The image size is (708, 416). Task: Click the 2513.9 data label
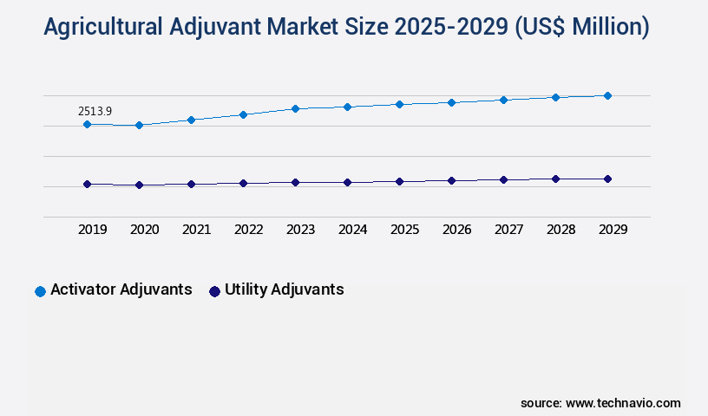(95, 111)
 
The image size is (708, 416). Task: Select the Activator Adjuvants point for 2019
(87, 125)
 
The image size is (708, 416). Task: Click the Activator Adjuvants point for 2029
(607, 95)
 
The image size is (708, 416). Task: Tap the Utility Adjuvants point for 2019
(87, 184)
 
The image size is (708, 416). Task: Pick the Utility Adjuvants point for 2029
(607, 179)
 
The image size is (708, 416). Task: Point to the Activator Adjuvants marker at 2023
(295, 108)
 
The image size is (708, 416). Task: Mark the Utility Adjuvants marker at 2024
(347, 182)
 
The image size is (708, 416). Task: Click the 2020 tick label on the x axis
(144, 230)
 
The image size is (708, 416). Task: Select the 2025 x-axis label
(404, 230)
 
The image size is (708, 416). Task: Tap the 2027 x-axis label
(508, 230)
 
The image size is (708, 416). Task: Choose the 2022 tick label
(248, 230)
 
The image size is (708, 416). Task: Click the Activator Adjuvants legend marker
(40, 291)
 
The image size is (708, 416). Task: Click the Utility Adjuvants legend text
(284, 289)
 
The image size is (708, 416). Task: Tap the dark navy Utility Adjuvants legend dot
(214, 291)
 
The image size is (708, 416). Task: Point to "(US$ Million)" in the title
(580, 28)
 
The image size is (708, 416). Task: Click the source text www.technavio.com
(623, 403)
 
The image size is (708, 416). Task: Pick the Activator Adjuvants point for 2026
(451, 102)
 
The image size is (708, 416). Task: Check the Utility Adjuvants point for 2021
(191, 184)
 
